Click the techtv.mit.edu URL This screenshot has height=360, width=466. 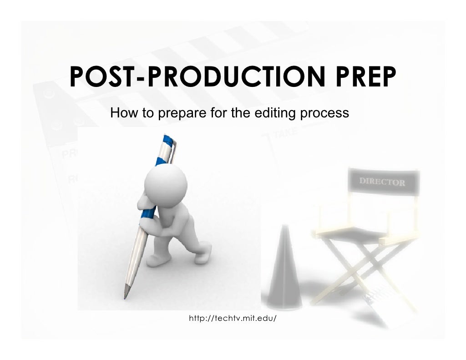[233, 317]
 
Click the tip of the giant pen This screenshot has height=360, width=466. [126, 296]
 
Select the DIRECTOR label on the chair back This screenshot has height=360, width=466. [382, 182]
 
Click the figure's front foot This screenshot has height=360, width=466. [157, 260]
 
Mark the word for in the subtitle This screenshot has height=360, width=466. [218, 112]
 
